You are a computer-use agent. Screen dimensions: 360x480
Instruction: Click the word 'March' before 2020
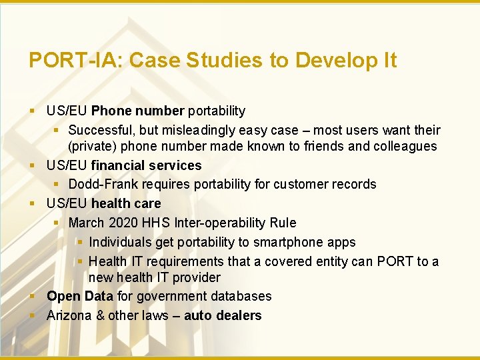pyautogui.click(x=87, y=223)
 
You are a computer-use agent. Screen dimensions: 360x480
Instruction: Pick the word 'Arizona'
pyautogui.click(x=69, y=315)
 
